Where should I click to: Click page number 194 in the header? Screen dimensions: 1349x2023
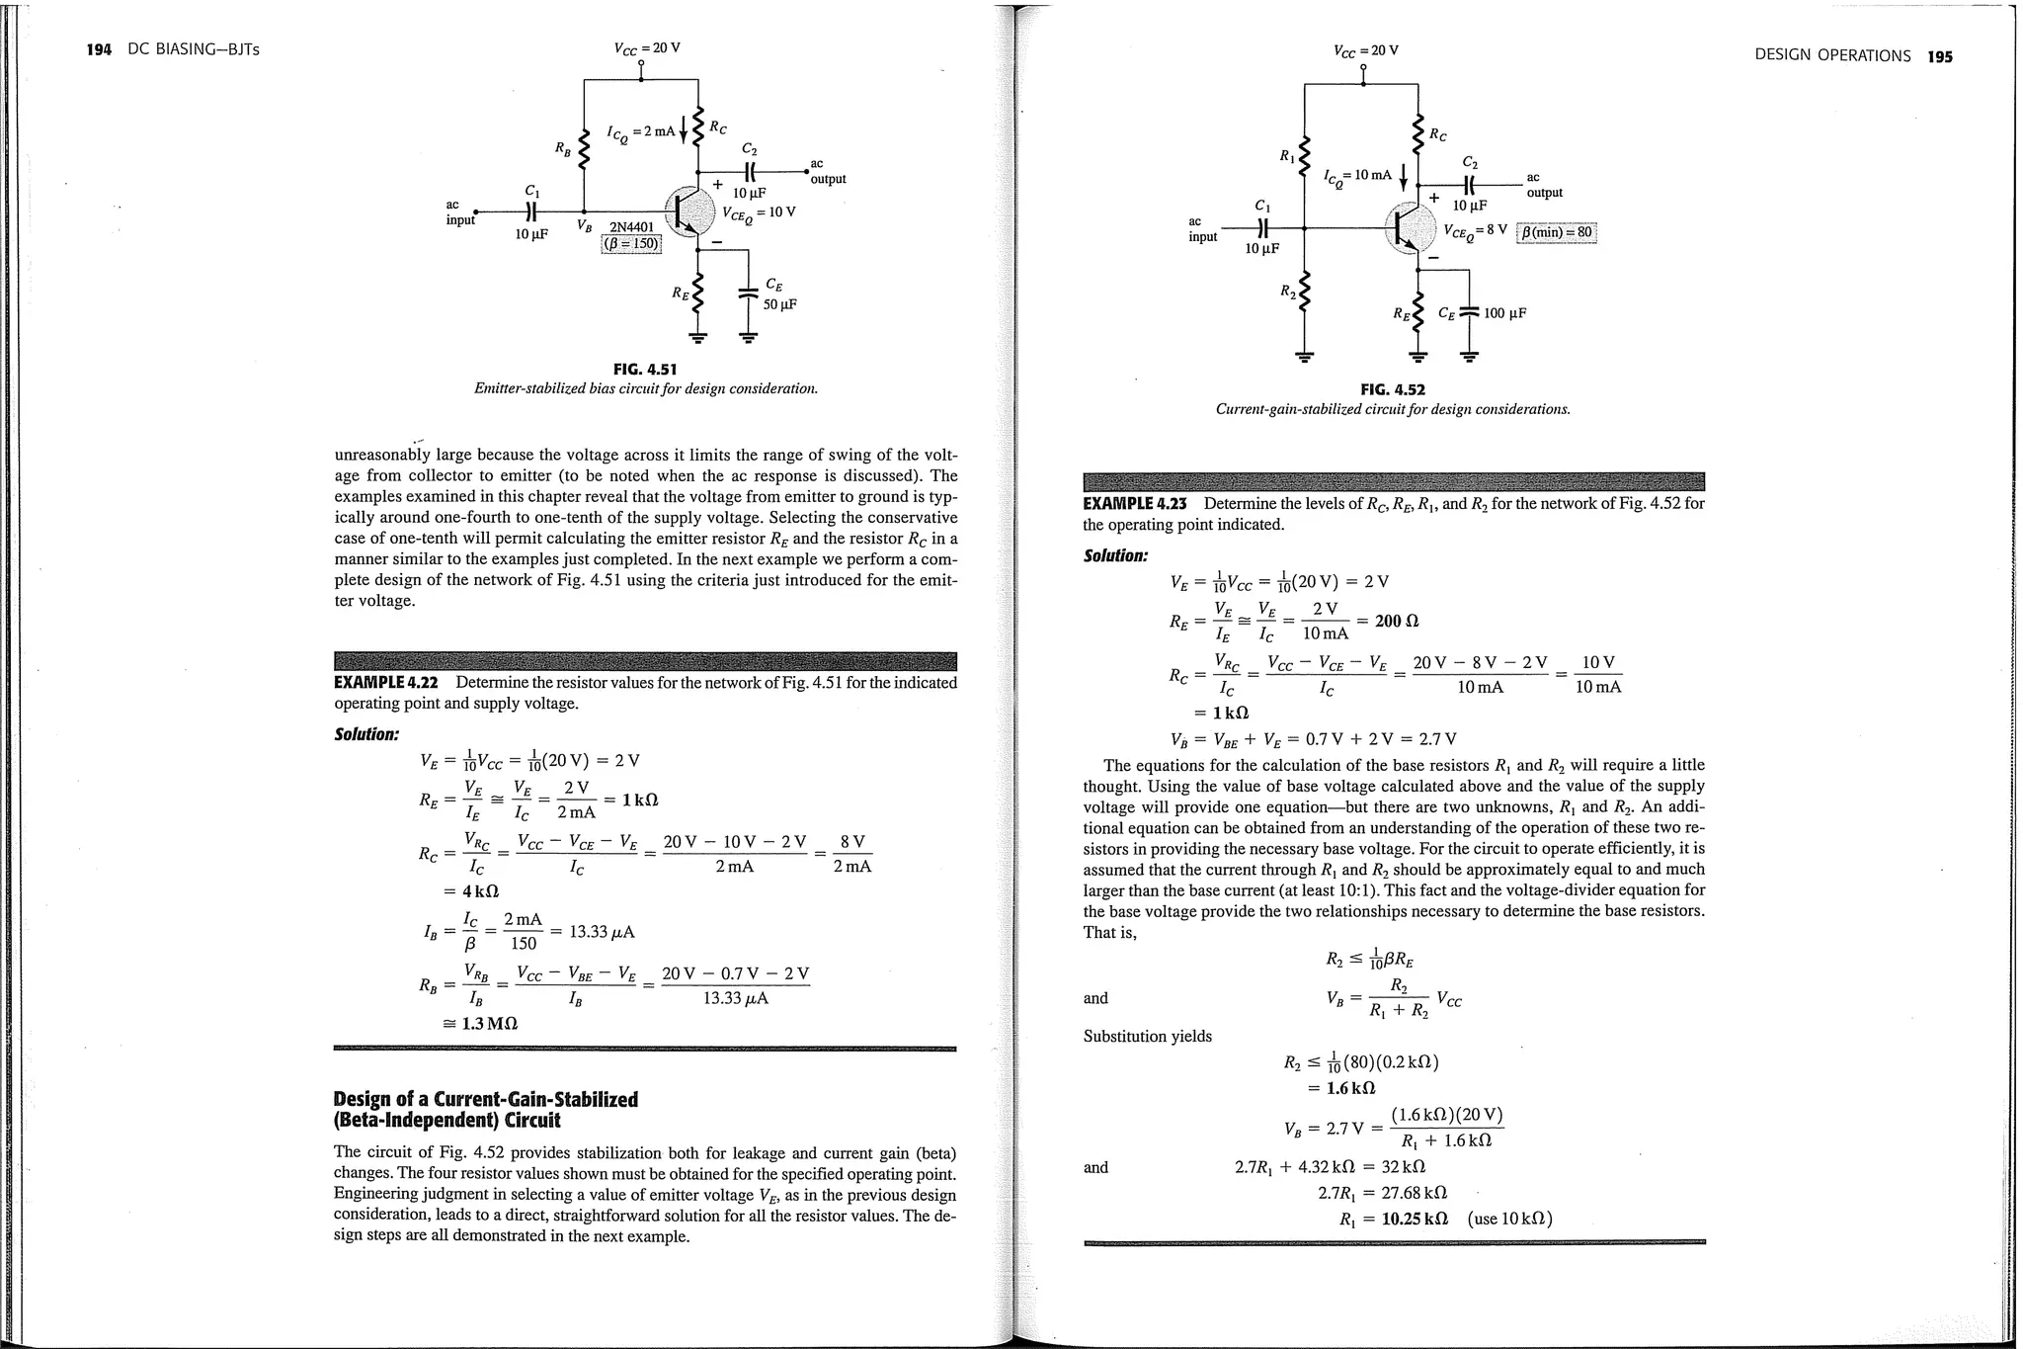[x=99, y=49]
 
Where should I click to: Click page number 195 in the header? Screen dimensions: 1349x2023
[x=1940, y=56]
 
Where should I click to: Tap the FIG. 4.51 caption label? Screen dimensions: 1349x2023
[x=645, y=370]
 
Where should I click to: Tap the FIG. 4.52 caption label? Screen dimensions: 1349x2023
[x=1393, y=389]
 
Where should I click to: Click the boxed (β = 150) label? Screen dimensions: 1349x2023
[x=631, y=244]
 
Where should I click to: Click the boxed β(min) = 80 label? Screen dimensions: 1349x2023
[x=1557, y=232]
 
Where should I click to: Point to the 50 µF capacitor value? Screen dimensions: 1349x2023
[x=778, y=304]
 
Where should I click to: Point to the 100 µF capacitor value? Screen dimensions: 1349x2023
[x=1504, y=313]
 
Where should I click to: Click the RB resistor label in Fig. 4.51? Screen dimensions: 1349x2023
[x=562, y=149]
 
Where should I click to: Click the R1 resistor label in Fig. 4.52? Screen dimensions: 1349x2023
[x=1286, y=155]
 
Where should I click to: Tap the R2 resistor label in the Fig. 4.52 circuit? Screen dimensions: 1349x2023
[x=1286, y=291]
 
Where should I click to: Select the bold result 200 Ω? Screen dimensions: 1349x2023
[x=1396, y=621]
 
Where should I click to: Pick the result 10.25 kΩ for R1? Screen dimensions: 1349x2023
[x=1415, y=1219]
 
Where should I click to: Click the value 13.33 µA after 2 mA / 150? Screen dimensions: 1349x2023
[x=604, y=932]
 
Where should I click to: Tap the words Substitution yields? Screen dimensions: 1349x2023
[x=1147, y=1037]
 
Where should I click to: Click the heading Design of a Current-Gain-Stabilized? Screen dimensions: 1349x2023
[x=486, y=1100]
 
